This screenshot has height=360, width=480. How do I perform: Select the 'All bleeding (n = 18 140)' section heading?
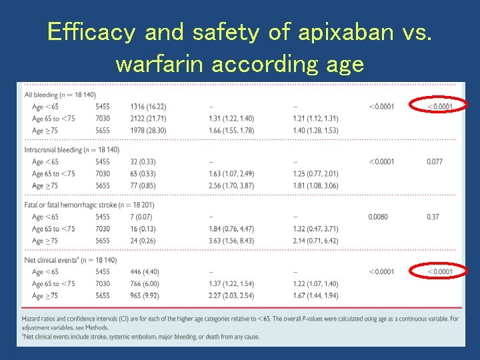point(59,95)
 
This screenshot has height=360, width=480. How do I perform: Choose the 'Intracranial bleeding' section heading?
point(71,150)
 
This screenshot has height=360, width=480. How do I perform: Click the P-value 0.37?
point(433,217)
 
